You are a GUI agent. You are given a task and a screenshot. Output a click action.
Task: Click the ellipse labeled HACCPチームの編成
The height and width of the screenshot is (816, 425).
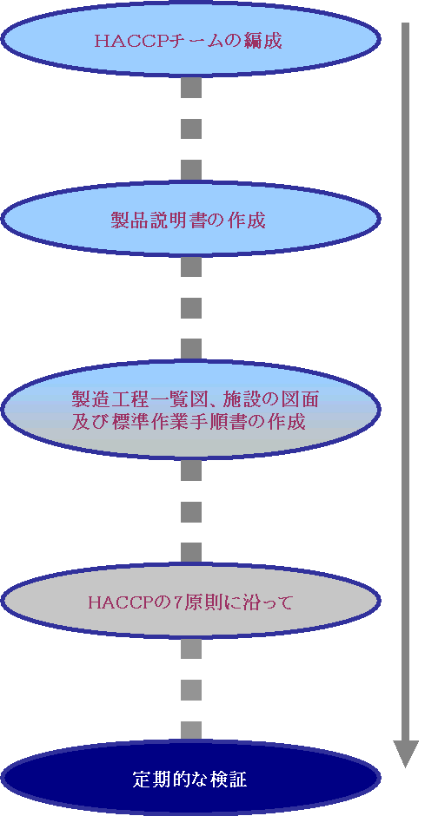tap(190, 40)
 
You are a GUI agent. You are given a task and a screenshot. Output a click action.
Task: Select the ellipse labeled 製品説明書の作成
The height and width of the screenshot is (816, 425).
tap(190, 219)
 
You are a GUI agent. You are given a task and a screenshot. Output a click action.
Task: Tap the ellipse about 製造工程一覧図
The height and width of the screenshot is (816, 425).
tap(190, 409)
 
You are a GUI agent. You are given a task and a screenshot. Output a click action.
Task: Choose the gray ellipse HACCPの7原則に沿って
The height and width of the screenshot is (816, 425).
tap(190, 602)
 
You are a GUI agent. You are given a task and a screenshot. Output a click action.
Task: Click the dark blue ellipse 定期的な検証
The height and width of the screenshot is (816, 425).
tap(190, 779)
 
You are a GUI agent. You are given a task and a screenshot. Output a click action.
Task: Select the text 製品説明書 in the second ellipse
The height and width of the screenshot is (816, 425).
tap(158, 220)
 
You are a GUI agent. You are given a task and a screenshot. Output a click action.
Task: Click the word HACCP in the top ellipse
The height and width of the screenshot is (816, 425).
tap(137, 41)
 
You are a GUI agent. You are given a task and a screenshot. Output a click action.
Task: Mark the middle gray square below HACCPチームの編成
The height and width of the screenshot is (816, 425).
tap(191, 128)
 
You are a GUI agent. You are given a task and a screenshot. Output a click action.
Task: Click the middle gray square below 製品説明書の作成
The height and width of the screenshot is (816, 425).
tap(191, 308)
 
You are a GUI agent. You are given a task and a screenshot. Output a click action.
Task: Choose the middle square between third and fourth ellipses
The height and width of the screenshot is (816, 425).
tap(191, 512)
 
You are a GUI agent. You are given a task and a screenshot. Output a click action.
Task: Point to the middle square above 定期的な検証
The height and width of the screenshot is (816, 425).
tap(191, 690)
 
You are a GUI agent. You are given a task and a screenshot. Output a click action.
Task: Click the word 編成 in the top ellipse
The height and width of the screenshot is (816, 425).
tap(263, 41)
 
